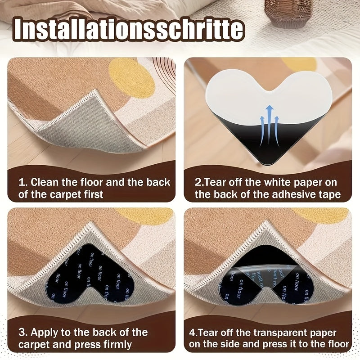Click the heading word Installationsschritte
click(x=129, y=30)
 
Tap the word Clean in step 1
click(x=44, y=182)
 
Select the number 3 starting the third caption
click(x=21, y=333)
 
